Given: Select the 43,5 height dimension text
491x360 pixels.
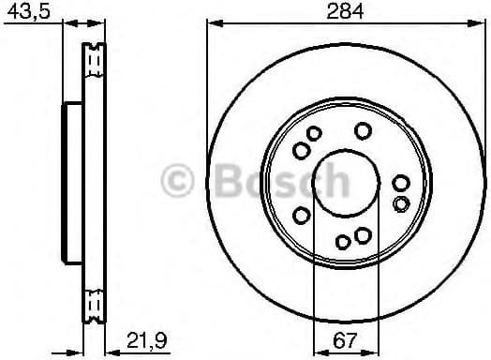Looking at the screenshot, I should coord(22,13).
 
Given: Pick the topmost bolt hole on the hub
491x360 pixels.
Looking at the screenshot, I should coord(364,130).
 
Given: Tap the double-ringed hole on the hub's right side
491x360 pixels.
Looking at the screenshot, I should coord(401,203).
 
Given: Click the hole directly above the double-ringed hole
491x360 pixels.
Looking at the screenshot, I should coord(401,184).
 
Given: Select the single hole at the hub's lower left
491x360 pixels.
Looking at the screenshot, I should coord(302,214).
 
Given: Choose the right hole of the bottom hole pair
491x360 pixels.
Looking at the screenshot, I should coord(362,233).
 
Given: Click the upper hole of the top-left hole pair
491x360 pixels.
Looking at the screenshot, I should coord(315,137).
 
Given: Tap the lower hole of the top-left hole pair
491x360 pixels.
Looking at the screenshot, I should coord(300,150).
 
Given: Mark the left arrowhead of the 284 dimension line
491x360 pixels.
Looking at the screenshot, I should coord(211,24).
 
